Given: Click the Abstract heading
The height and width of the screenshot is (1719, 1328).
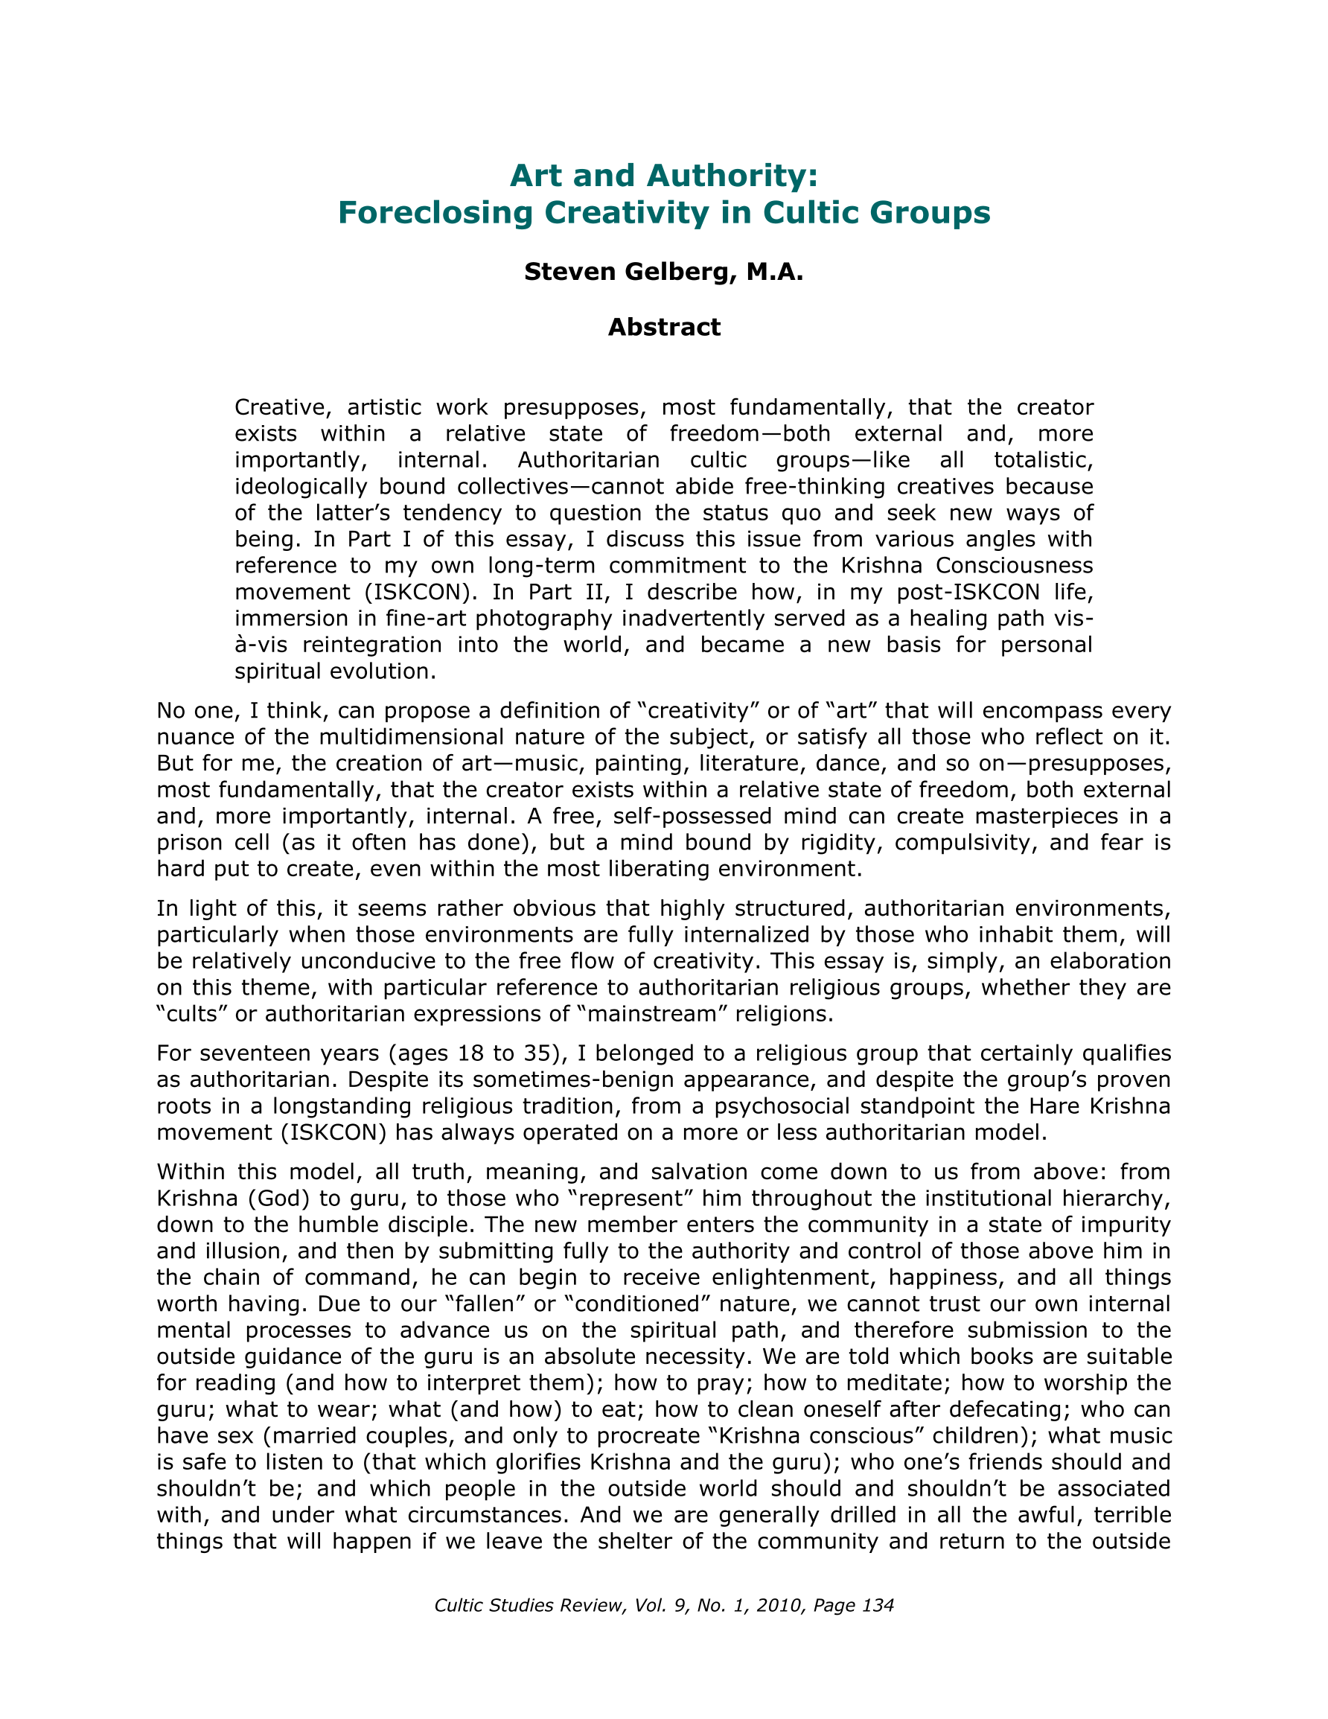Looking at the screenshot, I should pyautogui.click(x=663, y=327).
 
